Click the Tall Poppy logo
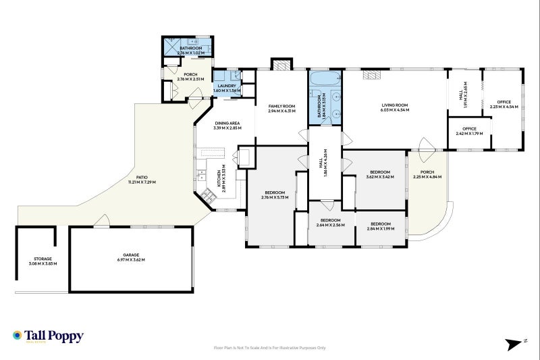(48, 336)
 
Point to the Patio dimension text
(142, 182)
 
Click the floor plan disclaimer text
(269, 348)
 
